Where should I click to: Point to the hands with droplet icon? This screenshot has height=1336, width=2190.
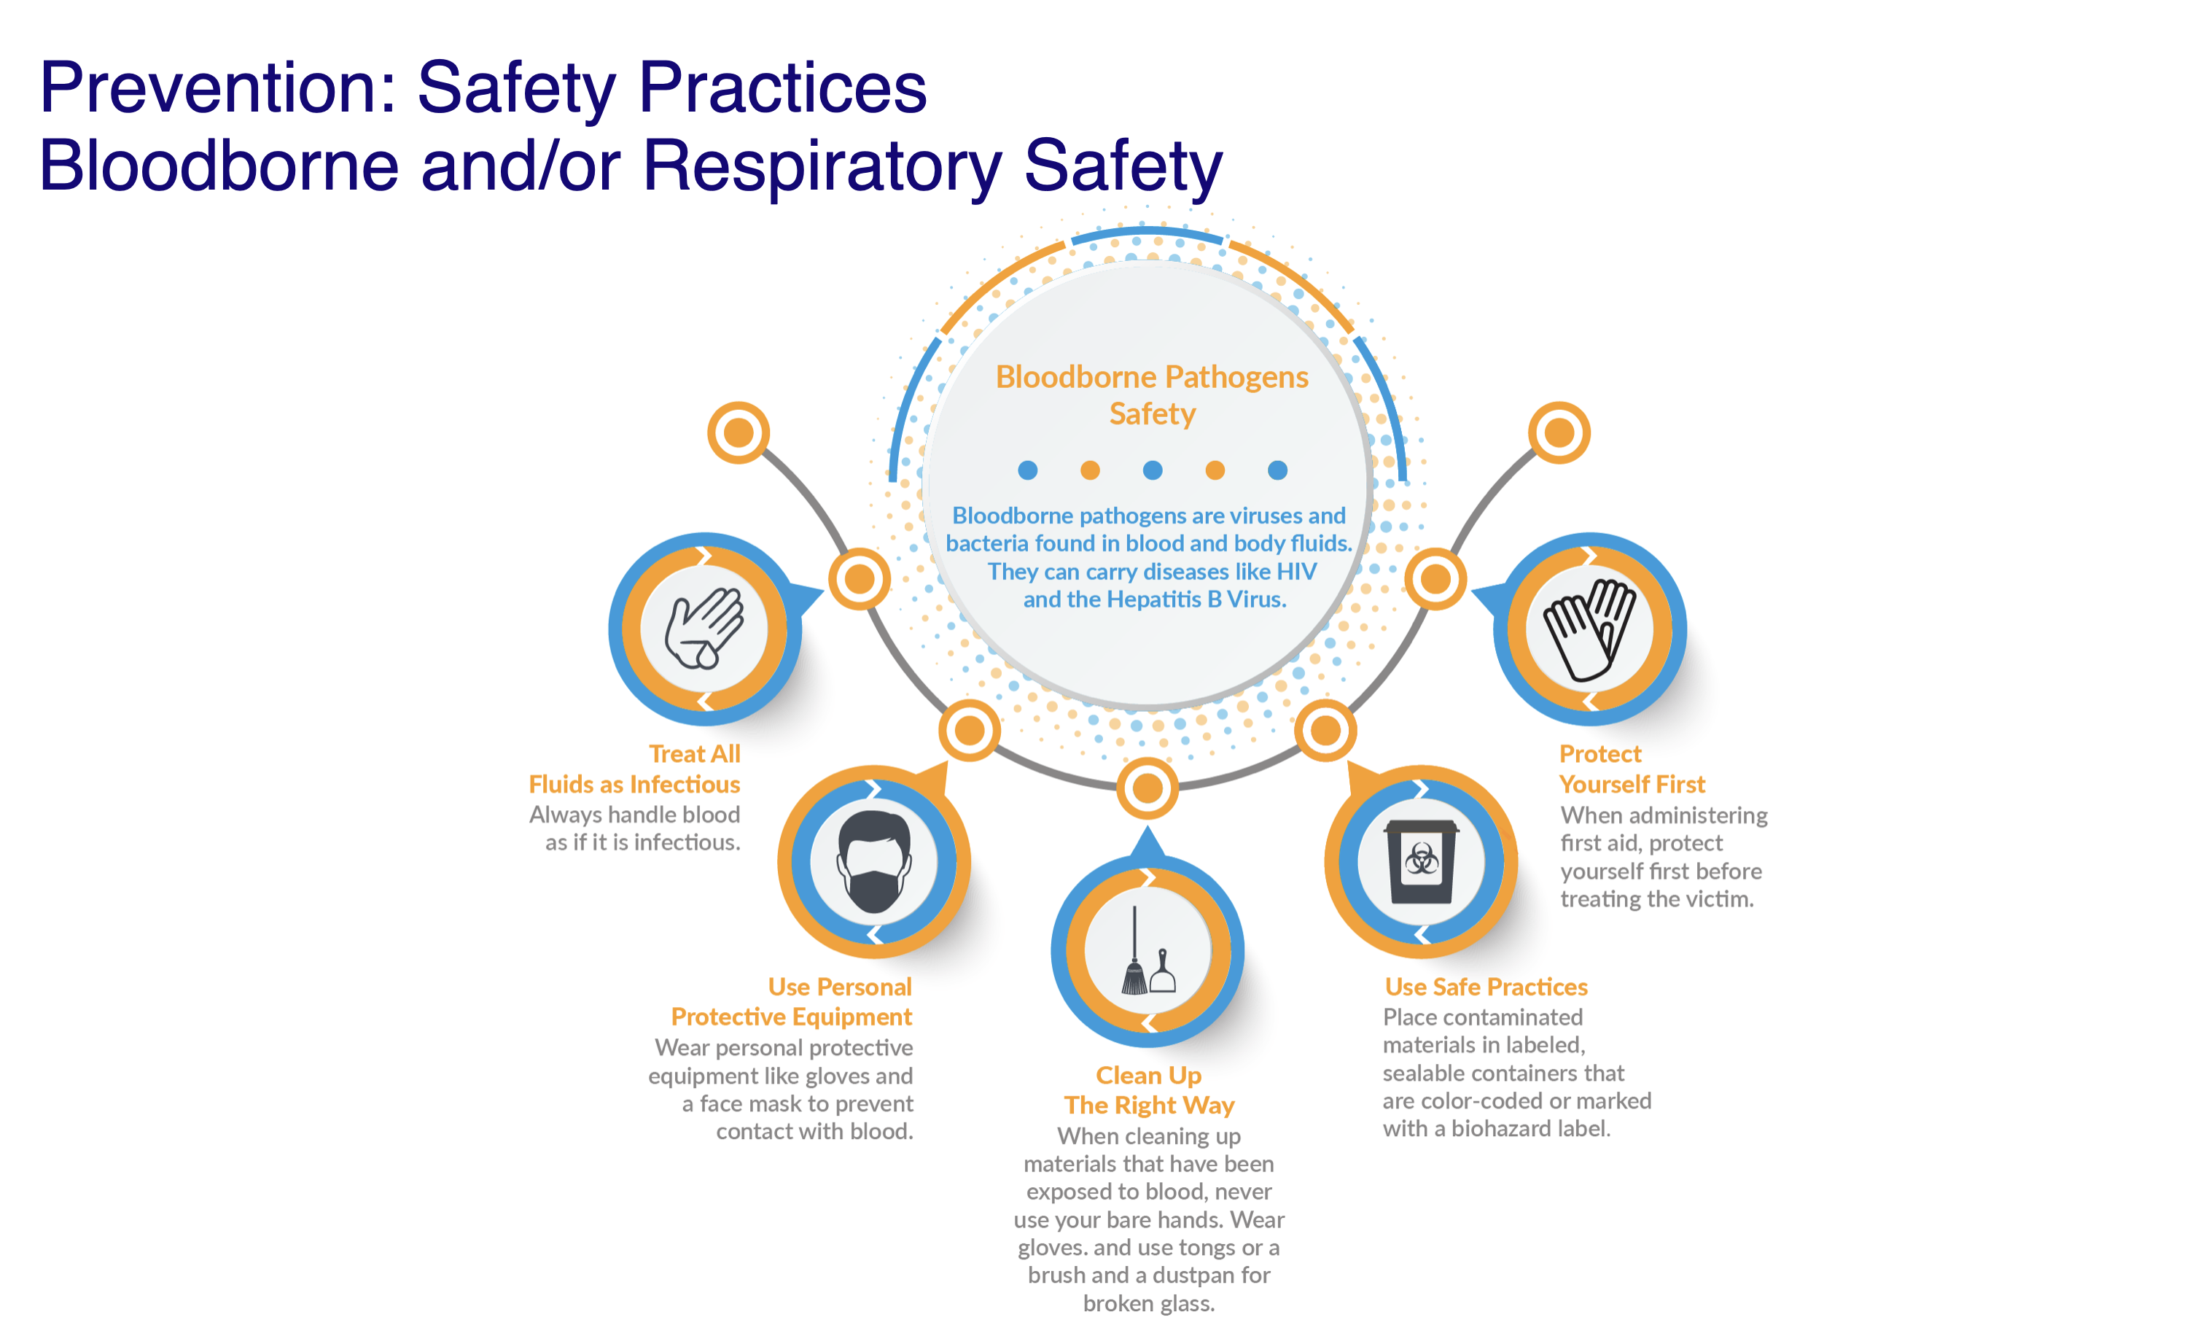[704, 628]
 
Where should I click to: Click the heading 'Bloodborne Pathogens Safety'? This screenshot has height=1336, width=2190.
[1152, 395]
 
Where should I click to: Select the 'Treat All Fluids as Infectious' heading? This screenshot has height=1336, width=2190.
[634, 769]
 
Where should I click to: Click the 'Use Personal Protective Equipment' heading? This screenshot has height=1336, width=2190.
[792, 1002]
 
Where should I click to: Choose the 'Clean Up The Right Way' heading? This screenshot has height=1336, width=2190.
[1149, 1090]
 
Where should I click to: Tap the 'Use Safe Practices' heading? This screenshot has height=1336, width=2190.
[1486, 987]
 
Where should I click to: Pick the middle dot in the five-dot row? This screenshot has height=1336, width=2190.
[1153, 470]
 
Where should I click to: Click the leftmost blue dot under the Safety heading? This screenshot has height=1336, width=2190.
[1027, 470]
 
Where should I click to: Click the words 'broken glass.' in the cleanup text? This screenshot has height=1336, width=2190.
[1148, 1303]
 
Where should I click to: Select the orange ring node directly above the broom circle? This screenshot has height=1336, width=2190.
[1147, 788]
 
